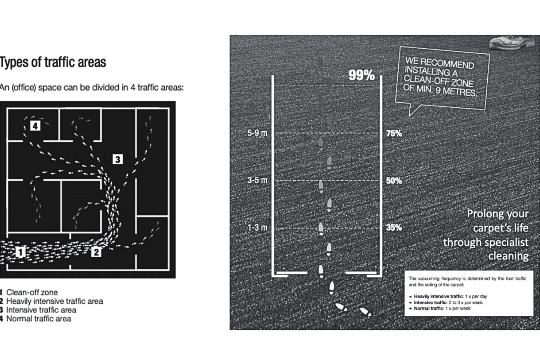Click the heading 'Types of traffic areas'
[x=53, y=62]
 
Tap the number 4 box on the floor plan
[x=35, y=126]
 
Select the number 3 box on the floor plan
[x=118, y=159]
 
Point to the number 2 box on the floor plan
[x=96, y=252]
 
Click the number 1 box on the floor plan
[x=20, y=252]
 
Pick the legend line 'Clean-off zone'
[x=32, y=292]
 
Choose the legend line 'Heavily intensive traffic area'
[x=55, y=301]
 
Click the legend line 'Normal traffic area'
[x=39, y=319]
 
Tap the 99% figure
[x=361, y=75]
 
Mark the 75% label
[x=394, y=133]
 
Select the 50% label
[x=394, y=181]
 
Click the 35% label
[x=394, y=228]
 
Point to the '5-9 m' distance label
[x=257, y=133]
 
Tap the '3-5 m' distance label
[x=257, y=180]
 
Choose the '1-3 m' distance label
[x=257, y=228]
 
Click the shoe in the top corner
[x=512, y=42]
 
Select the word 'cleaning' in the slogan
[x=508, y=256]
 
